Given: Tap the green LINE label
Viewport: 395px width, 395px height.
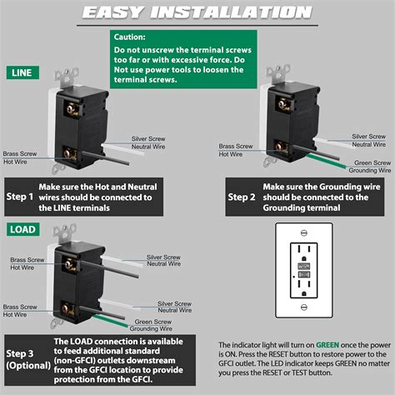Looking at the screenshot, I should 21,73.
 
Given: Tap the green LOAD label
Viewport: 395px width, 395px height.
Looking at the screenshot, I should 22,228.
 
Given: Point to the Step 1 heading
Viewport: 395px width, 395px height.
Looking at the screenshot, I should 20,197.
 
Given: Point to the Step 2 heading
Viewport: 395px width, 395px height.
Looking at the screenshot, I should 242,197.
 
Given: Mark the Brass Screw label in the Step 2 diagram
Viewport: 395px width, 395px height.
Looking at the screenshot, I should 237,145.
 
